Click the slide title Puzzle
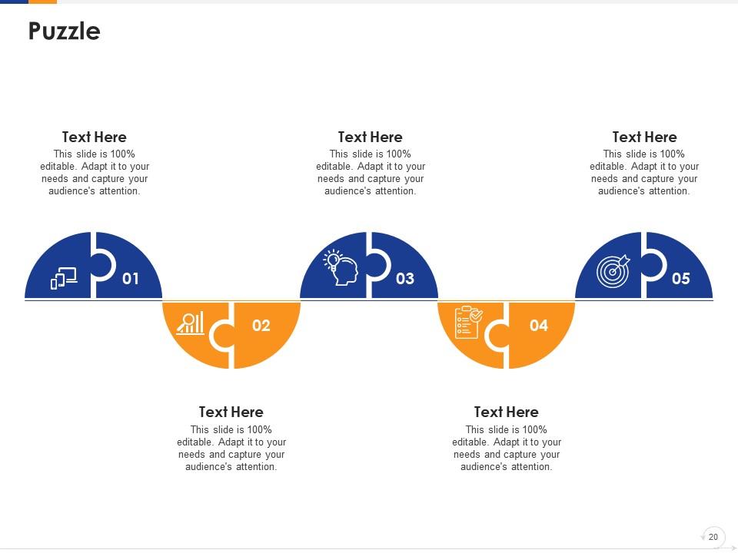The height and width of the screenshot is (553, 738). click(65, 31)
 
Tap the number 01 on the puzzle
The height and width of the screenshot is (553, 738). click(131, 279)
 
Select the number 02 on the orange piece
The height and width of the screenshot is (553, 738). click(261, 326)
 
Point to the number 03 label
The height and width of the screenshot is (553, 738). click(405, 279)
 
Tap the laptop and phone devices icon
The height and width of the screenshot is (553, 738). click(64, 278)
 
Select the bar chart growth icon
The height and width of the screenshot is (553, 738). click(191, 323)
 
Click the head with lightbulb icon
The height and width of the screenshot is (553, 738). click(341, 267)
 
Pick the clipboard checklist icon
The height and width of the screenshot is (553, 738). click(468, 322)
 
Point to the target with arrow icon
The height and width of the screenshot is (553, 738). click(613, 271)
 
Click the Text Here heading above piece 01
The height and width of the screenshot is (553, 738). click(94, 137)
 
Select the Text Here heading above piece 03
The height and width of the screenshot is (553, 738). click(370, 137)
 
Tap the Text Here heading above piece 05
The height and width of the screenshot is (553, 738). click(644, 137)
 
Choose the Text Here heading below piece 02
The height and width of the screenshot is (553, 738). click(231, 412)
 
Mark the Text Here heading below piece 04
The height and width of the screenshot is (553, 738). click(506, 412)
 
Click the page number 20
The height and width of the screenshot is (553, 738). click(713, 537)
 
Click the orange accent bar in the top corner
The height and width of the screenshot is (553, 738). click(42, 2)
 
